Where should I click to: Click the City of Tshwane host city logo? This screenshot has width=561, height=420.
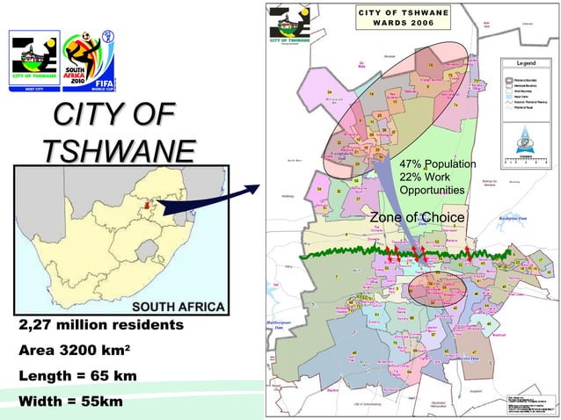[x=34, y=60]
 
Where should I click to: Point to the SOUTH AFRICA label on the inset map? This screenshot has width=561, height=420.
[x=178, y=307]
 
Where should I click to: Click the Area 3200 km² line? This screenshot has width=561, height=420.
[x=75, y=351]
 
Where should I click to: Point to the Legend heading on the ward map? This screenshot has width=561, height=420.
[x=527, y=65]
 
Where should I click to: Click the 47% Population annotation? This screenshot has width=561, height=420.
[x=437, y=165]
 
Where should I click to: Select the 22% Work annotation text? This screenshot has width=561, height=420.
[x=426, y=178]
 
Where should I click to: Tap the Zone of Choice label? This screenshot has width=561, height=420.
[x=417, y=218]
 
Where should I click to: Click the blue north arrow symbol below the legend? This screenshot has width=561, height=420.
[x=527, y=137]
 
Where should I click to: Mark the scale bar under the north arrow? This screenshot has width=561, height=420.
[x=527, y=160]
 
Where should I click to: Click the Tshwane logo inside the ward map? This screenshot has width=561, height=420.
[x=292, y=26]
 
